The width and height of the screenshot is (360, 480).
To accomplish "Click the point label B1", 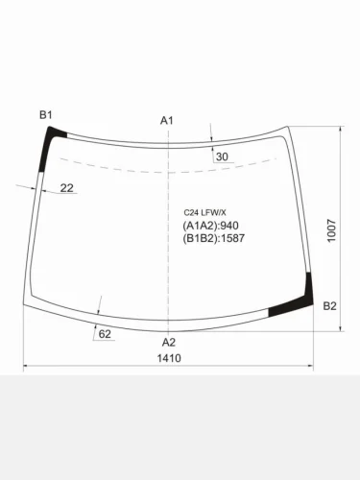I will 45,115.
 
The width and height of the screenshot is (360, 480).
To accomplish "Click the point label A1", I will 166,120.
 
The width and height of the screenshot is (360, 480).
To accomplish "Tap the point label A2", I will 168,342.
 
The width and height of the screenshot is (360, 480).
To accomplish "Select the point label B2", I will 329,306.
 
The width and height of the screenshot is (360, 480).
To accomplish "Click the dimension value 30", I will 222,156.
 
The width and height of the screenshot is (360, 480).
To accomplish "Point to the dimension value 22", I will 66,188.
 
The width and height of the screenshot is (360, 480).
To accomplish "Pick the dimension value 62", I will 105,333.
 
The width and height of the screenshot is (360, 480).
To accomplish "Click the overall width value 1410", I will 169,359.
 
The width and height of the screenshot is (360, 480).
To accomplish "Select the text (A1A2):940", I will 208,226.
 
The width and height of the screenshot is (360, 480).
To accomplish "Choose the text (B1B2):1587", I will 213,238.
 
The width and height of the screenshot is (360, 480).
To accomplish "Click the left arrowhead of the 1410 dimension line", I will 27,366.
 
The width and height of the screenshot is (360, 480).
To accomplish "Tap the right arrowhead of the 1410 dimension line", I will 311,366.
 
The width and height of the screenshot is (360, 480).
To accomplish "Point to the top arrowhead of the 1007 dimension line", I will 342,131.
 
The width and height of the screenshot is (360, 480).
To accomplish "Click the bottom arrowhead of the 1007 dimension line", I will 342,329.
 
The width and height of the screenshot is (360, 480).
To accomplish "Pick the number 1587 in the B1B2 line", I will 231,238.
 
